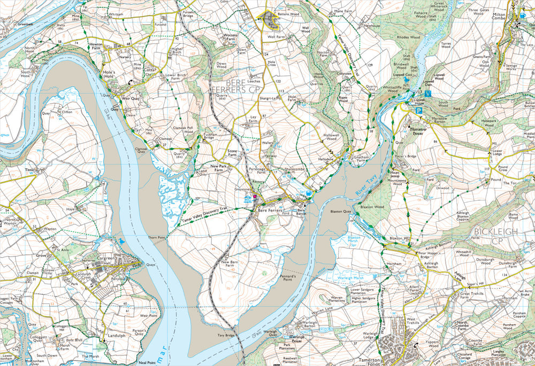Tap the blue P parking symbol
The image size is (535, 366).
tap(420, 111)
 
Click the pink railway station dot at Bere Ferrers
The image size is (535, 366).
tap(255, 197)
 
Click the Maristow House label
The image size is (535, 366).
tap(420, 129)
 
